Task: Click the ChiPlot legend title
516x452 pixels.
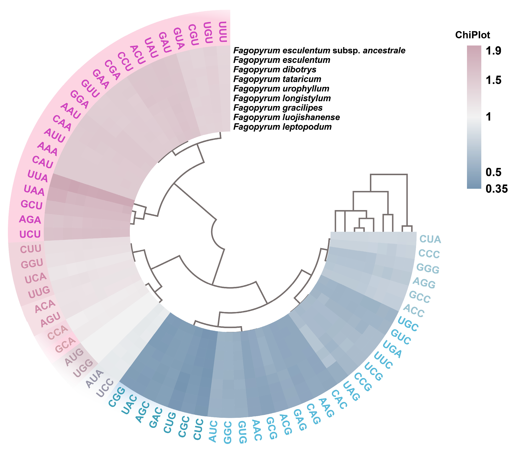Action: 472,35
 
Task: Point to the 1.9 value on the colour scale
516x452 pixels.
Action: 493,51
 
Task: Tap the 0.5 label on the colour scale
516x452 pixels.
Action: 493,172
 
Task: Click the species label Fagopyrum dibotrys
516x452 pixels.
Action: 274,69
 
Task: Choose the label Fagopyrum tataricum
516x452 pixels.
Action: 277,79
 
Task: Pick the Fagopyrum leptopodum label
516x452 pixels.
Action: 282,127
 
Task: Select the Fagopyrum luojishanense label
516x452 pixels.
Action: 286,117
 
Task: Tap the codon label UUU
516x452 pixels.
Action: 223,32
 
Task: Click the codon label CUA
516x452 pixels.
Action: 430,239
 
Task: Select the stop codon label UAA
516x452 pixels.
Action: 34,190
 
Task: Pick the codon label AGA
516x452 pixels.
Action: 30,220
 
